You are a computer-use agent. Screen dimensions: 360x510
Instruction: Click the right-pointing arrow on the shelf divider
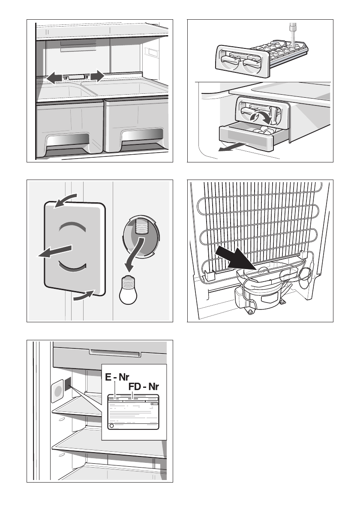[97, 76]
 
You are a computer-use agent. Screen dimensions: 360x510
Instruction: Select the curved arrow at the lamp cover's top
[66, 200]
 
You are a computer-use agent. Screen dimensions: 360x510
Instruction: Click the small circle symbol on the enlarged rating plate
[111, 426]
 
